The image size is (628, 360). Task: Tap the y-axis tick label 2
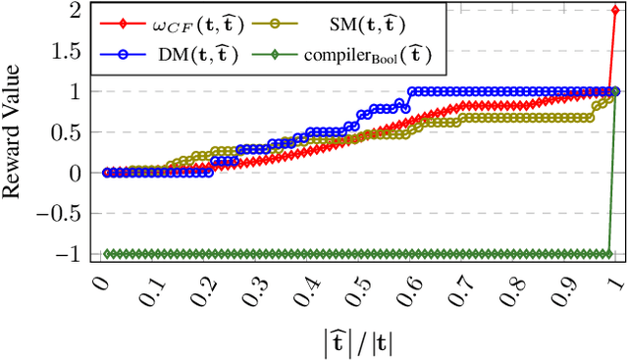click(75, 10)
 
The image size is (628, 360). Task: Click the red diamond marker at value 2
click(615, 10)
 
